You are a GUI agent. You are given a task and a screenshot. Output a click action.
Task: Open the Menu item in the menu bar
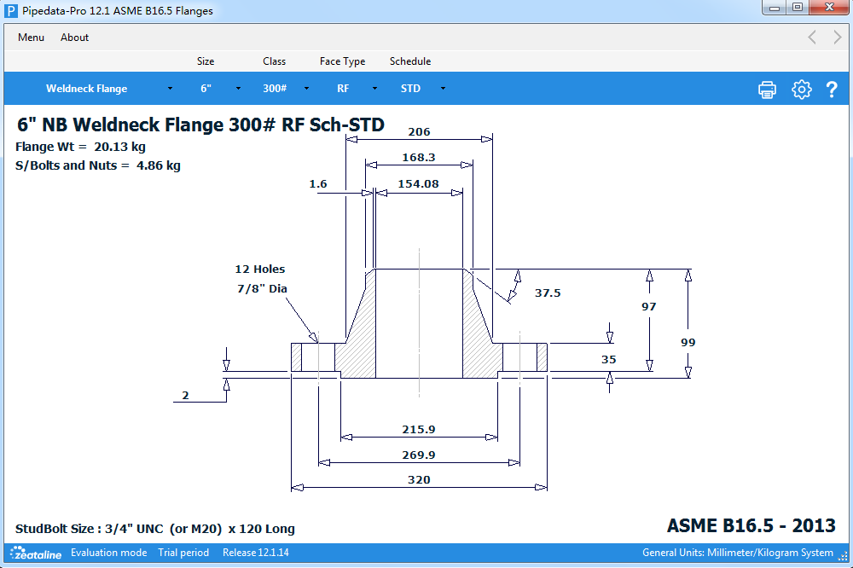tap(31, 38)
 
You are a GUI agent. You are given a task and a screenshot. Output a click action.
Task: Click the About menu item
tap(74, 38)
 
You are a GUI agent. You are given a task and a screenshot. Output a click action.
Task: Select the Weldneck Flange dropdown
tap(108, 89)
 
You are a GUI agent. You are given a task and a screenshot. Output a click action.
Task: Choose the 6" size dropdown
tap(219, 89)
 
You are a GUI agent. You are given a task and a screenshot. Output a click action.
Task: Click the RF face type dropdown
tap(356, 89)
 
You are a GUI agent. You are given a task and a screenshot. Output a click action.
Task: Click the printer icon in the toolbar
tap(767, 90)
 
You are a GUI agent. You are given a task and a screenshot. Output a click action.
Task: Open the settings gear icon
tap(801, 90)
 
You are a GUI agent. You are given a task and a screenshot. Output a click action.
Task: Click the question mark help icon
tap(832, 90)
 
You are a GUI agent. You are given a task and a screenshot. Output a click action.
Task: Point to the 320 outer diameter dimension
tap(419, 480)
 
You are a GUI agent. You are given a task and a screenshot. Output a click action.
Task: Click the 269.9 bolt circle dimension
tap(419, 455)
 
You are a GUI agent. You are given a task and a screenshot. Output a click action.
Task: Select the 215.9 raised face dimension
tap(419, 429)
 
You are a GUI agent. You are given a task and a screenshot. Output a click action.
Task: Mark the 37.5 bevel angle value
tap(548, 293)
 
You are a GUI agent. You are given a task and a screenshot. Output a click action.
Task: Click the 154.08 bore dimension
tap(418, 183)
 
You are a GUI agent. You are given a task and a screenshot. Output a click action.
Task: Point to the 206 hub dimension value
tap(419, 132)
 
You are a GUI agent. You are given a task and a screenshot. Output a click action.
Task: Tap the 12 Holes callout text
tap(260, 269)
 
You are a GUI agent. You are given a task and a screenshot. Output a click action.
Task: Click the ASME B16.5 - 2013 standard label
tap(751, 525)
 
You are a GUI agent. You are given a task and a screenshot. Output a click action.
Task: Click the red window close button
tap(827, 8)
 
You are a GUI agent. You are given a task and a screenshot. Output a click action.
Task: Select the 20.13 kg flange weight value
tap(119, 147)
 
